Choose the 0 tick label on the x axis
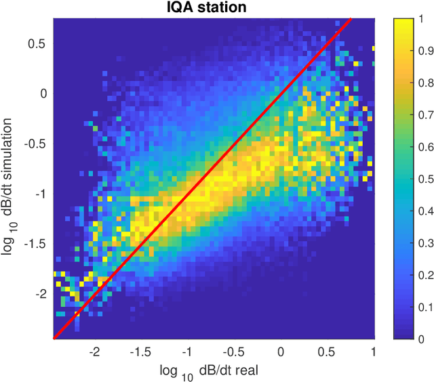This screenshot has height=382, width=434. (281, 352)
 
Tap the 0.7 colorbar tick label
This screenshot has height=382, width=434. (427, 115)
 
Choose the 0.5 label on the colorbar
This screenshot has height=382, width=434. (427, 179)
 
